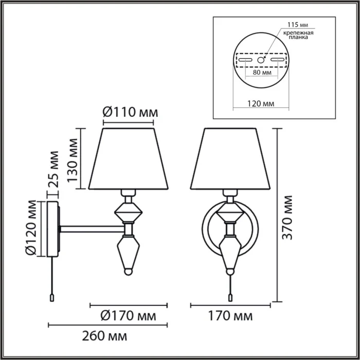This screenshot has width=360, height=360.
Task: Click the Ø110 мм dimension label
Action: (129, 111)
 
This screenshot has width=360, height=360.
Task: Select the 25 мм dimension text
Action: (53, 168)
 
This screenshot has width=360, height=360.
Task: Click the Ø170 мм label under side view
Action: (128, 314)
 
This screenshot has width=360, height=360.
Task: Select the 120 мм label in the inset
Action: (261, 103)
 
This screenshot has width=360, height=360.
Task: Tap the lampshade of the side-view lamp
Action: (129, 158)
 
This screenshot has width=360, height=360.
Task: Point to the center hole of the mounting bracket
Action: (262, 61)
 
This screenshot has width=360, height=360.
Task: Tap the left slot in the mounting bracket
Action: (245, 61)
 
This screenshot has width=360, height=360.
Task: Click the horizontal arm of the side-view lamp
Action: (90, 227)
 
